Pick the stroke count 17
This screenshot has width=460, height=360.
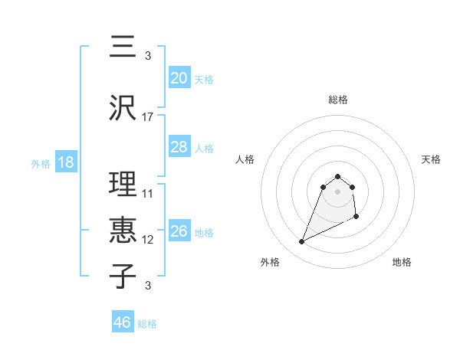148,117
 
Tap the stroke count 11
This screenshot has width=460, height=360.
148,193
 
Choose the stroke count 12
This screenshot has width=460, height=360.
148,240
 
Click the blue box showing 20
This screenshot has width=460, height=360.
179,78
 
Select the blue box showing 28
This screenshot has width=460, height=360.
179,147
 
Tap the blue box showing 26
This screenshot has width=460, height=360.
179,231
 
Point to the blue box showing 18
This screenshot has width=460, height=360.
65,162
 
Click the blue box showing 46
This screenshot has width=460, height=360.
122,322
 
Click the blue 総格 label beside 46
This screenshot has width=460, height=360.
147,324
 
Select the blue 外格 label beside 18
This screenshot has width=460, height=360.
41,163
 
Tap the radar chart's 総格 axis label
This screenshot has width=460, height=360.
338,100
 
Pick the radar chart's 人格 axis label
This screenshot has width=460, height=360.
245,159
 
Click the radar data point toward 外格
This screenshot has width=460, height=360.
301,242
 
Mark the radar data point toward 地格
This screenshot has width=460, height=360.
357,218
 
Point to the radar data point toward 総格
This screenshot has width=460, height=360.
338,175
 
